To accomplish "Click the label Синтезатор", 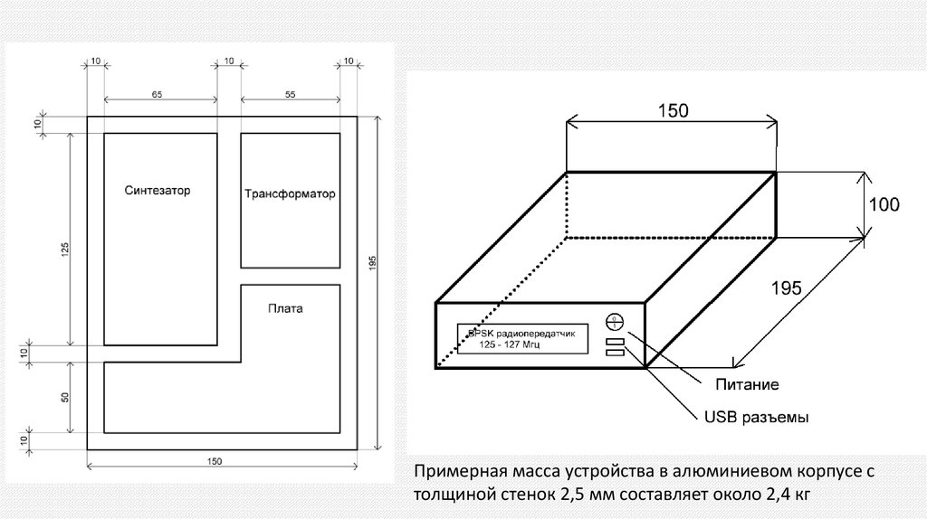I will tap(160, 191).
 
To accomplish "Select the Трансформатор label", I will tap(290, 193).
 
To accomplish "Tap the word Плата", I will tap(285, 308).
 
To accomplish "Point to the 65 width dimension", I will tap(158, 94).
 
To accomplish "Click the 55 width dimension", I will tap(290, 94).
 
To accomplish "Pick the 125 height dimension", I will tap(64, 250).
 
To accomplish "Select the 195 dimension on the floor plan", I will tap(372, 262).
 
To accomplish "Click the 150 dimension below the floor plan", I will tap(215, 461).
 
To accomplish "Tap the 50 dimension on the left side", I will tap(64, 399).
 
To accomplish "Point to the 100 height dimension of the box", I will tap(884, 205).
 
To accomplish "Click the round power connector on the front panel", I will tap(615, 321).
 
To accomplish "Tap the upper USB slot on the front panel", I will tap(615, 342).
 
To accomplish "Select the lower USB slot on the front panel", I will tap(615, 354).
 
